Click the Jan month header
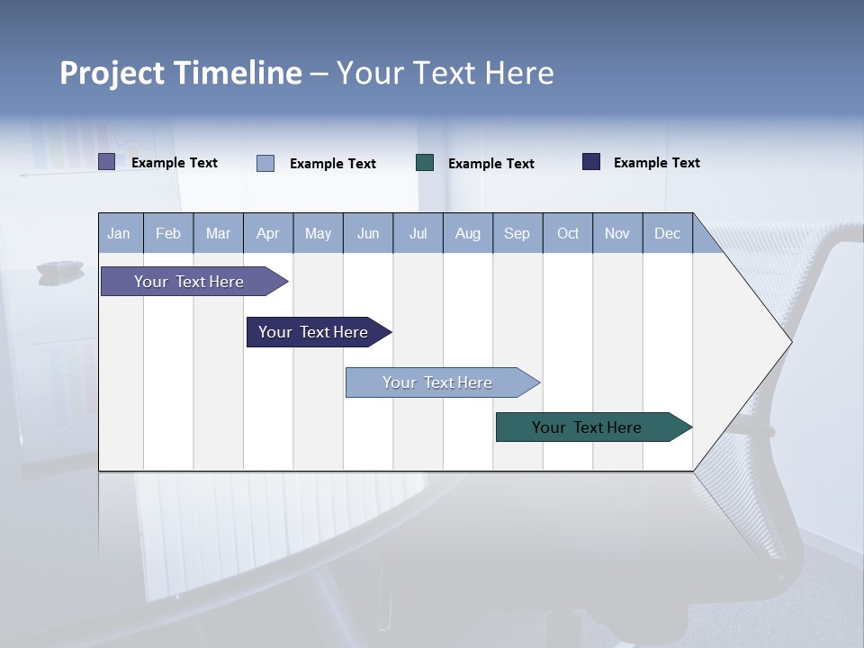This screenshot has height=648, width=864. coord(120,233)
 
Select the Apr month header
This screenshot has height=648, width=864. coord(268,233)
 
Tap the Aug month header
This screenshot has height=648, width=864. coord(468,233)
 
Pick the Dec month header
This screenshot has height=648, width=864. coord(668,233)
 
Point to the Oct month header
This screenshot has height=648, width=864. coord(568,233)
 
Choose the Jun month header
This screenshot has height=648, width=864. coord(368,233)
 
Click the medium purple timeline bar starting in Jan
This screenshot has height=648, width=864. coord(189,282)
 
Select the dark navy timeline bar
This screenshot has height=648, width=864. coord(313,332)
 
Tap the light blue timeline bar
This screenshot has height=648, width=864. coord(437,382)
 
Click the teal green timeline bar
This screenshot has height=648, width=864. coord(587,427)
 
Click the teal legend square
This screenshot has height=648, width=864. coord(425,163)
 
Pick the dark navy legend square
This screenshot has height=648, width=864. coord(591,162)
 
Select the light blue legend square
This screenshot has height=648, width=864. coord(265,163)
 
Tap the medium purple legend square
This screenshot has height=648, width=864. coord(107,162)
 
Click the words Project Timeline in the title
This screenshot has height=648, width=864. coord(180,73)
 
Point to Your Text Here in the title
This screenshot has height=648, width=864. coord(445,73)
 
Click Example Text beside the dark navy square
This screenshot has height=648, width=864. coord(656,163)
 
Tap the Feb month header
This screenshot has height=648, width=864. coord(168,233)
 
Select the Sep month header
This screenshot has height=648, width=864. coord(517,233)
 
